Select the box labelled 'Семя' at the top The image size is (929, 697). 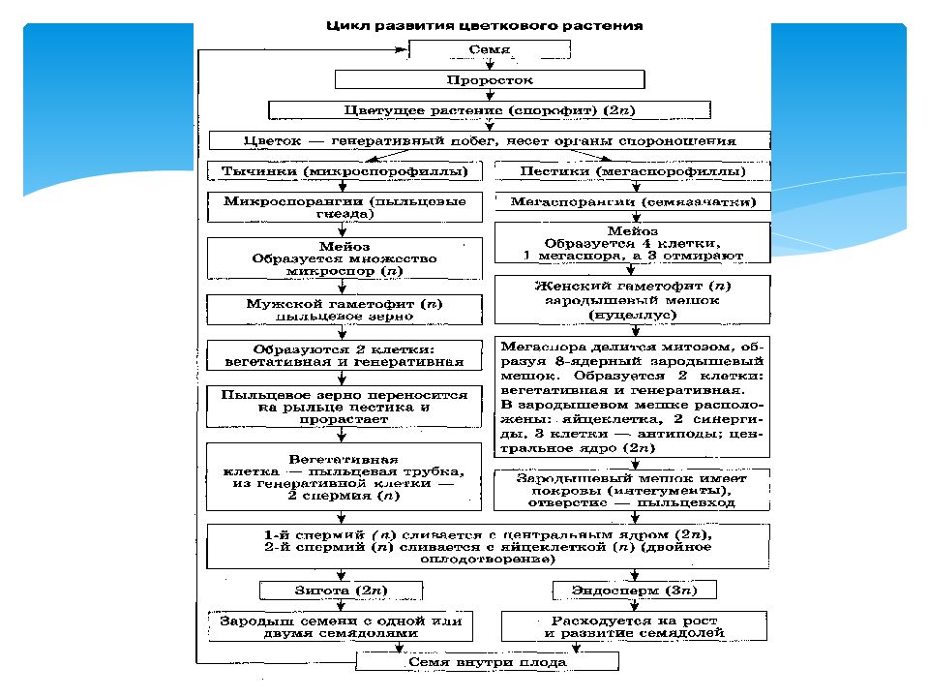pyautogui.click(x=483, y=51)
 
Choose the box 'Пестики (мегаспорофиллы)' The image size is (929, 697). pyautogui.click(x=633, y=171)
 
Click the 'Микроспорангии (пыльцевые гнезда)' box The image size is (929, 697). pyautogui.click(x=345, y=208)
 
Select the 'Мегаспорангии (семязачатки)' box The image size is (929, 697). pyautogui.click(x=633, y=202)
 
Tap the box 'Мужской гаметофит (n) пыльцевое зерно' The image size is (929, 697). pyautogui.click(x=345, y=310)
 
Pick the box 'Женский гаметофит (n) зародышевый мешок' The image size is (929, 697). pyautogui.click(x=633, y=300)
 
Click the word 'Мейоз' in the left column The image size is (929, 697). pyautogui.click(x=345, y=247)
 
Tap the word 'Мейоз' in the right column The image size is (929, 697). pyautogui.click(x=633, y=232)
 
